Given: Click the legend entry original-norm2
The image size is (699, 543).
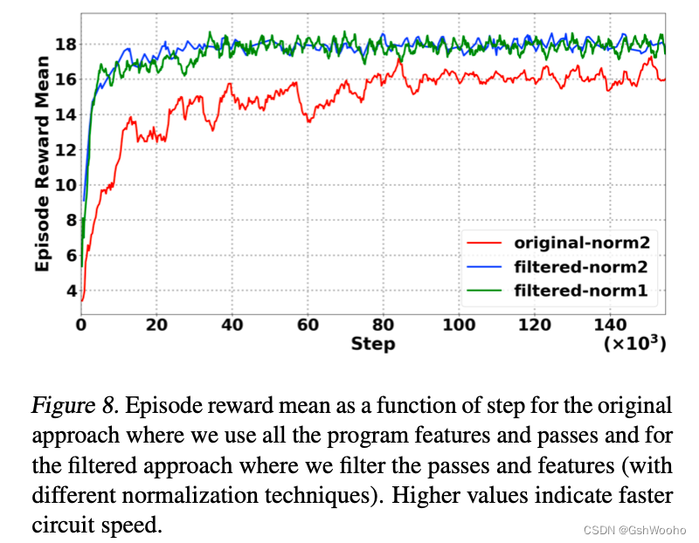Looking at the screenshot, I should (x=582, y=242).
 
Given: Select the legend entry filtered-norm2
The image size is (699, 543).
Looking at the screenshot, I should (x=582, y=265).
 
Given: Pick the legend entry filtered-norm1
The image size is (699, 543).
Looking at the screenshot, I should (x=582, y=290).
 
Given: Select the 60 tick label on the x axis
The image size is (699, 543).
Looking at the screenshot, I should (x=308, y=325).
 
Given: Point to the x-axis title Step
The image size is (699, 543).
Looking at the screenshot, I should (x=373, y=344).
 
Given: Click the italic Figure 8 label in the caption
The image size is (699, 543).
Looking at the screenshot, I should (x=73, y=405).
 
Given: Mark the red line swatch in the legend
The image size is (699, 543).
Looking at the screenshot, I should (x=485, y=242).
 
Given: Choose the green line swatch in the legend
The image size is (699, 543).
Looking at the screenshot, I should (x=485, y=290).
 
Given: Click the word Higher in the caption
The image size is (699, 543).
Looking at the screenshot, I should (x=431, y=495).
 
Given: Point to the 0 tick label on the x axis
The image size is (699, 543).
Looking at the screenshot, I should (x=81, y=325).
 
